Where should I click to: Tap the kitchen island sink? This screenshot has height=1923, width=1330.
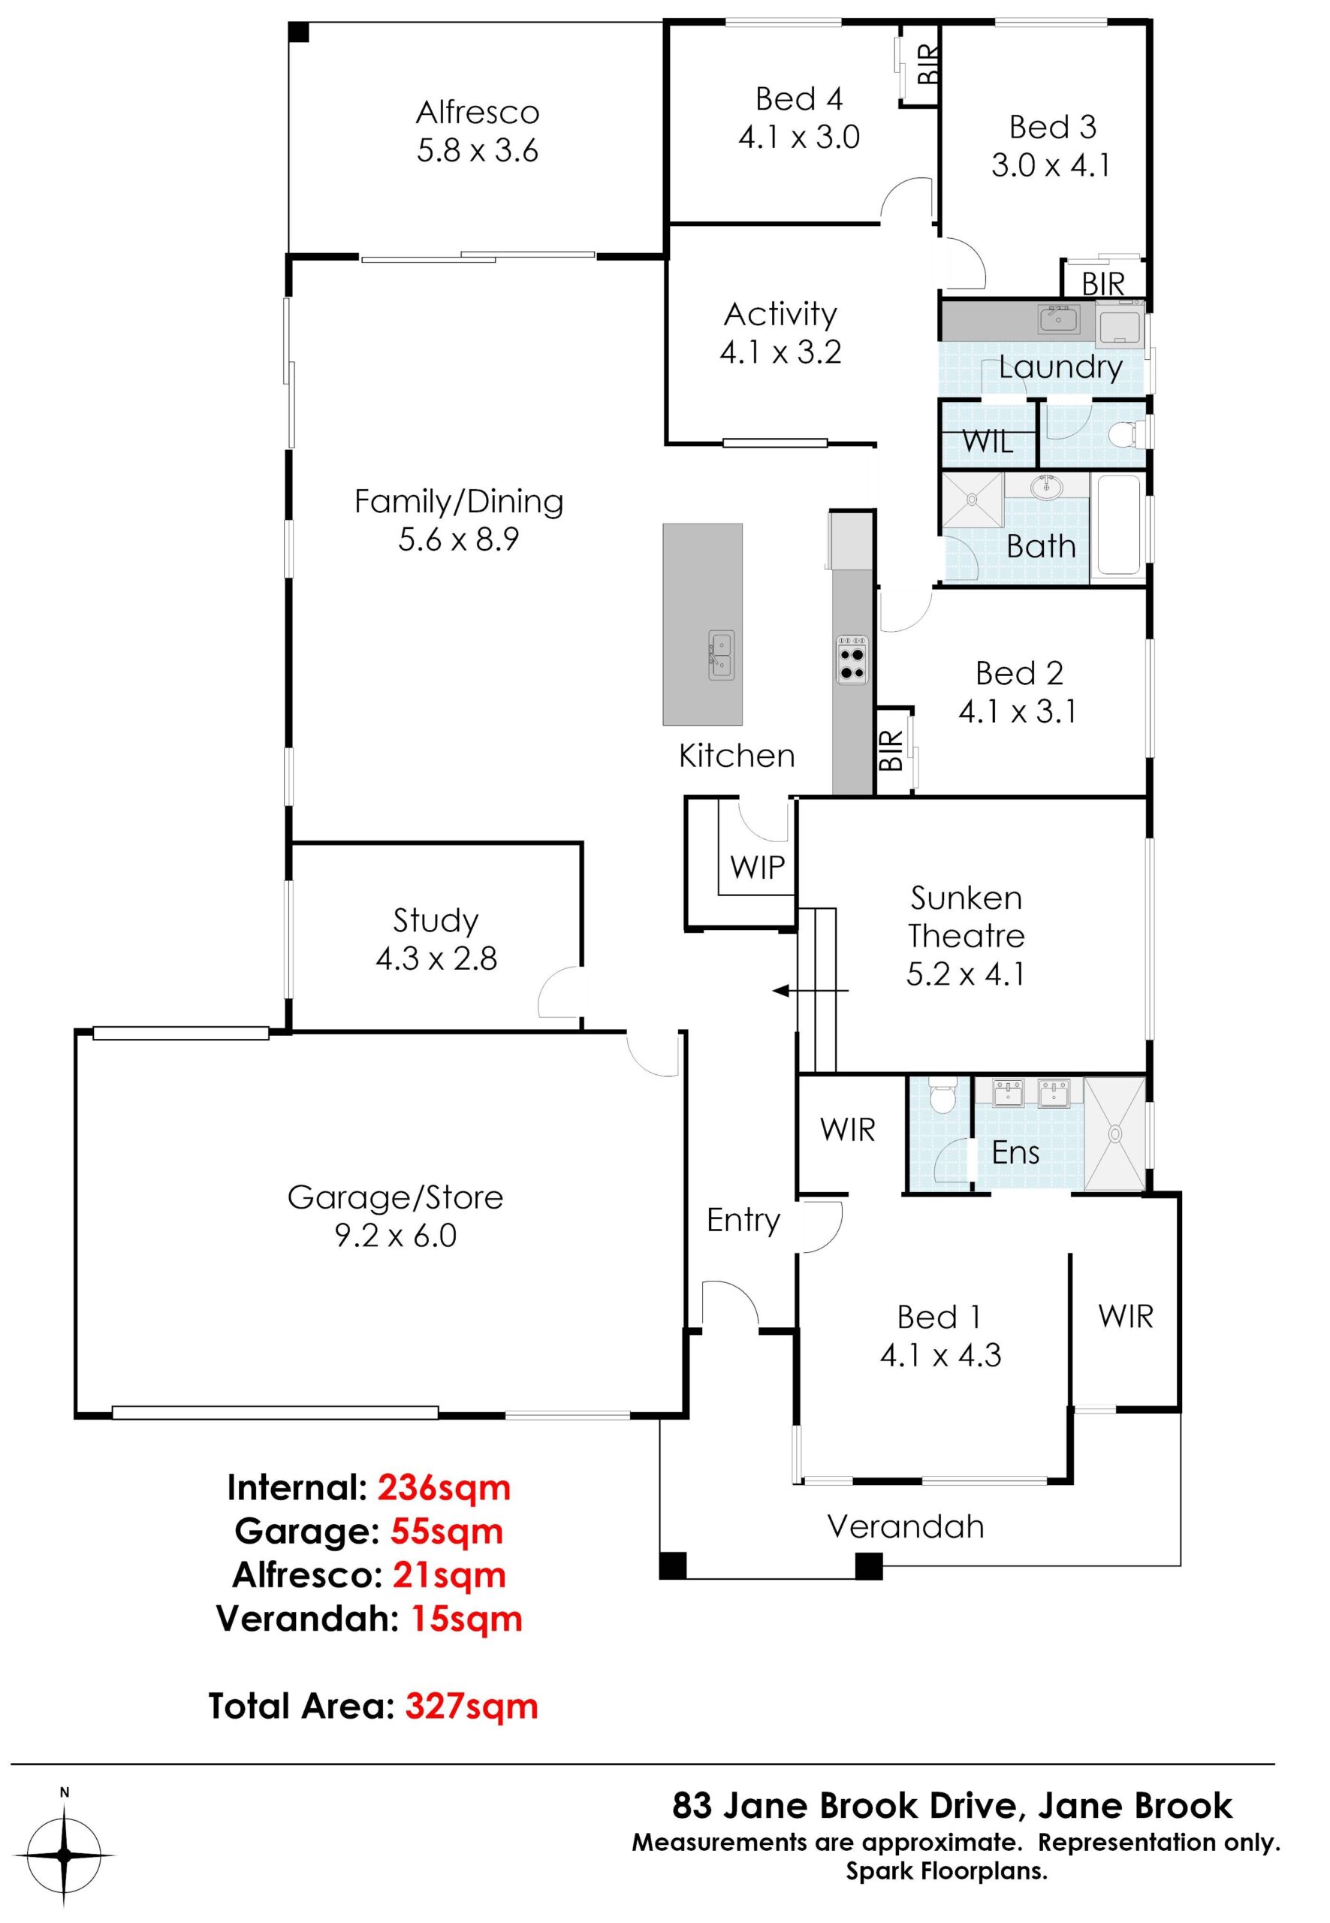pos(721,654)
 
